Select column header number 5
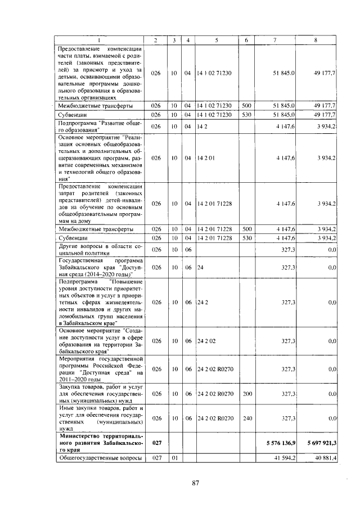point(217,39)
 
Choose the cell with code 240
point(246,418)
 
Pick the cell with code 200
point(246,394)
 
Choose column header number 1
point(100,39)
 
